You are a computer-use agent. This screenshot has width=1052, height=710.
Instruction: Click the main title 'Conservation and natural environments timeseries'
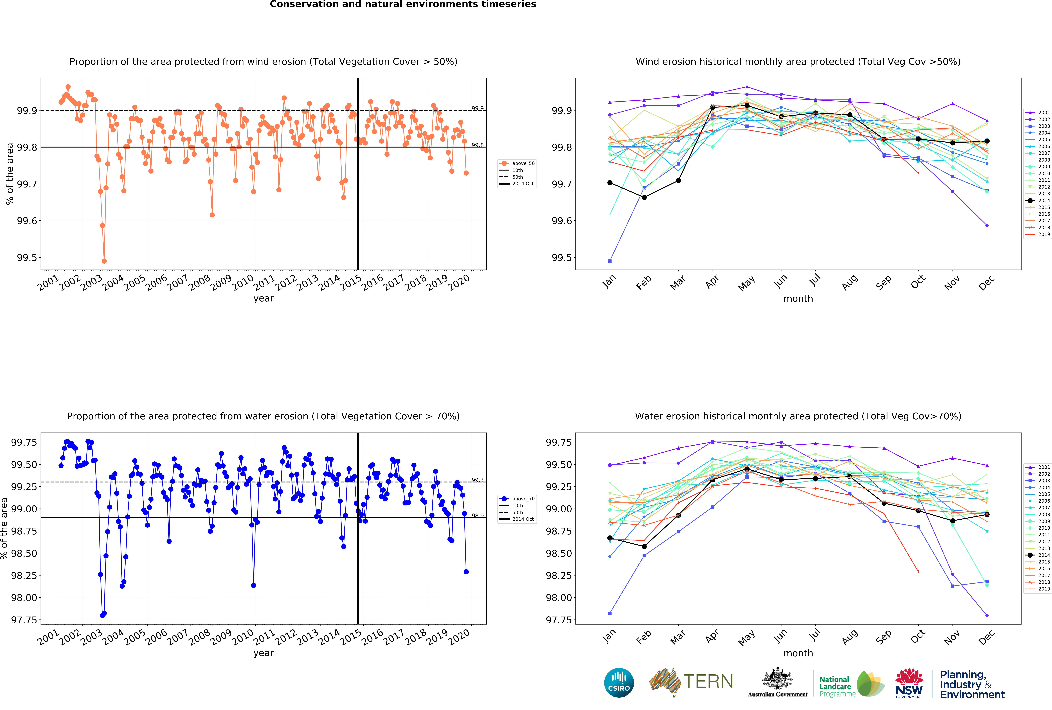pos(403,5)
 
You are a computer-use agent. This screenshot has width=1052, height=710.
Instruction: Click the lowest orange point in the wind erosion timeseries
pos(104,261)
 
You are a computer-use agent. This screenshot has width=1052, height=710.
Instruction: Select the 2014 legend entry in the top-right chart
pos(1038,200)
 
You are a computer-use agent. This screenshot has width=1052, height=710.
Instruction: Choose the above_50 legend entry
pos(517,163)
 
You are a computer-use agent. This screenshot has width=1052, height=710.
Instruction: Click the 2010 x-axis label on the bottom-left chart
pos(243,637)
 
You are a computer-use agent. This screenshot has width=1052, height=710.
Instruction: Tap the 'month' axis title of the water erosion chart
pos(798,653)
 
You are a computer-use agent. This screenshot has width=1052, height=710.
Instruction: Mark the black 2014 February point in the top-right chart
pos(644,197)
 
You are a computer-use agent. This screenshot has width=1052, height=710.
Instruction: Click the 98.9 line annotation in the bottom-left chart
pos(478,515)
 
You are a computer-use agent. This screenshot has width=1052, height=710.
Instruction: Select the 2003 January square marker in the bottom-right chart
pos(610,613)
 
